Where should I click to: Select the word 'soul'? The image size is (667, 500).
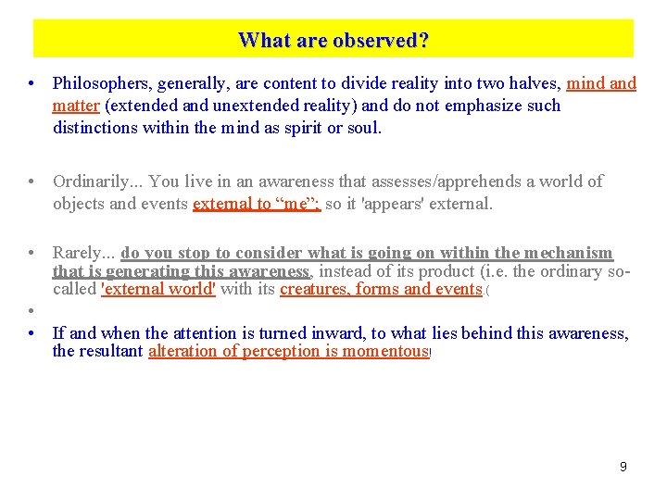pyautogui.click(x=360, y=128)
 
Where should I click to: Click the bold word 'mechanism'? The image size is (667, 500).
pyautogui.click(x=568, y=253)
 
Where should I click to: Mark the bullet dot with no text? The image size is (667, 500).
pyautogui.click(x=31, y=311)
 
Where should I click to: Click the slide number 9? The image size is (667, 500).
pyautogui.click(x=623, y=467)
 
